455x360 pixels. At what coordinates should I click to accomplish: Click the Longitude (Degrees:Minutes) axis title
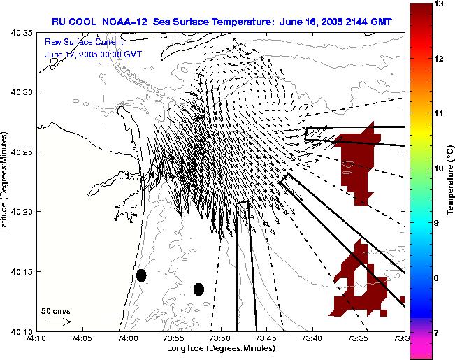pos(219,347)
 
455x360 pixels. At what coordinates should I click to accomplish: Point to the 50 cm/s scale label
pos(56,310)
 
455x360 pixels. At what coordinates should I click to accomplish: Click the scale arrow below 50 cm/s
pos(58,322)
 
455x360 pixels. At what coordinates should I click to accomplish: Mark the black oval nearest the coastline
pos(141,275)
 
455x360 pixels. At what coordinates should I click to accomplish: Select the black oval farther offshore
pos(198,289)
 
